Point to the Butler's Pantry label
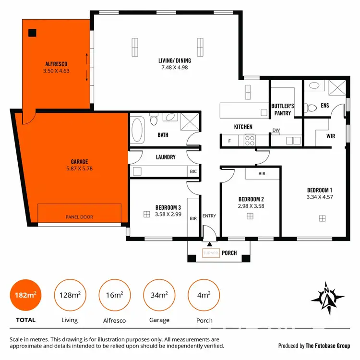click(283, 109)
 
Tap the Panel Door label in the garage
click(79, 217)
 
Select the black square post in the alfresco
click(32, 33)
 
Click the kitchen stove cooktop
click(250, 140)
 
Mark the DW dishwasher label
click(276, 130)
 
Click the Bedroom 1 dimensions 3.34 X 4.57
click(319, 196)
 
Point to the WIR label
click(331, 136)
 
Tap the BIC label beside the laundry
click(193, 171)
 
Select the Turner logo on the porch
click(211, 253)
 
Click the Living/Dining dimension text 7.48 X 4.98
click(175, 68)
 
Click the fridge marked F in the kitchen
click(229, 141)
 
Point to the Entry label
click(209, 216)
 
